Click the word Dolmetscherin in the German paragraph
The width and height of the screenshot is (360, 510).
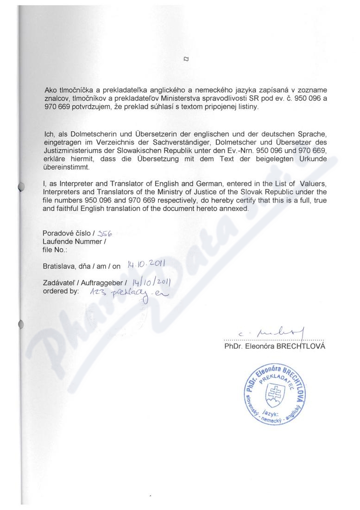tap(83, 134)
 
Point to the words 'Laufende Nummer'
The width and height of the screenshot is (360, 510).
tap(73, 241)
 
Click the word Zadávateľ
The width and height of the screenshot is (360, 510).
tap(59, 282)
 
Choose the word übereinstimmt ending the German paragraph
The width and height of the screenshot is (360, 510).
tap(64, 167)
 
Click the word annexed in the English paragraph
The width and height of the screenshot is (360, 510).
tap(236, 209)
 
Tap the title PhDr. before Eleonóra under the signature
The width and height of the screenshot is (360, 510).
tap(233, 346)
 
